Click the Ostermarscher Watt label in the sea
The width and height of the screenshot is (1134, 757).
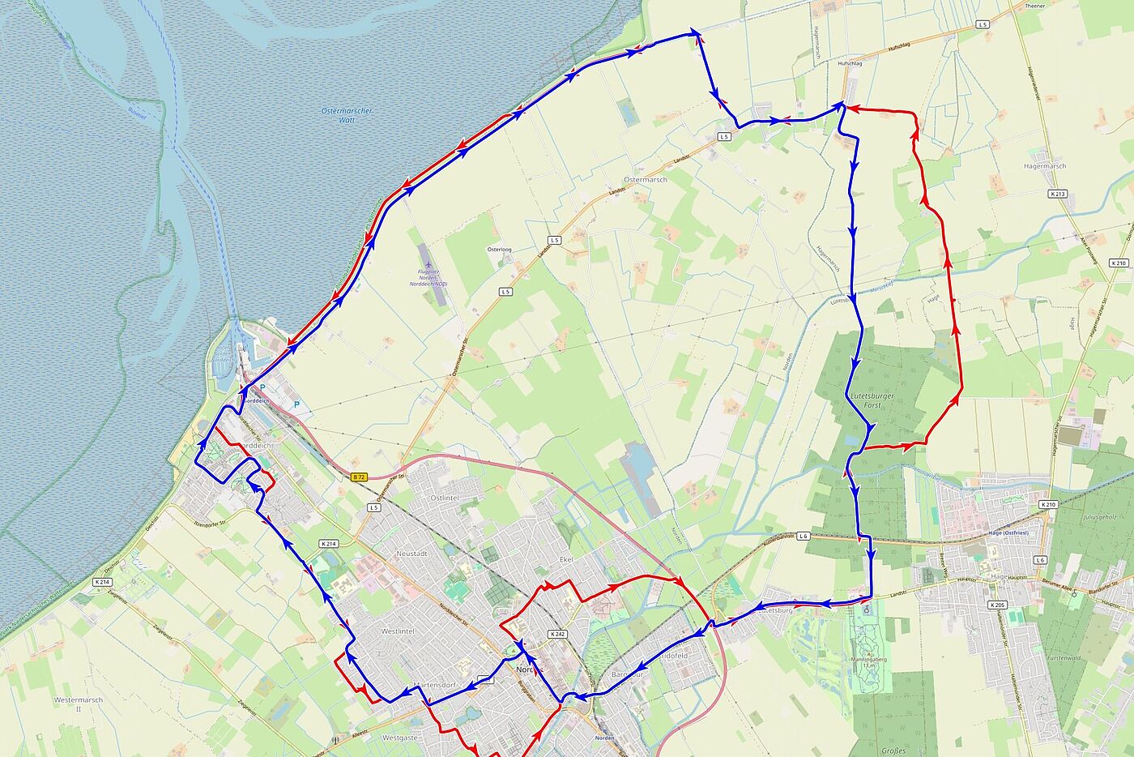347,115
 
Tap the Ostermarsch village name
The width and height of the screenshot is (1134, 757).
646,180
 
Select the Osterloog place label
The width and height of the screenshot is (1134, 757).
499,250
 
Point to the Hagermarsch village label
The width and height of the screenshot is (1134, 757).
1045,166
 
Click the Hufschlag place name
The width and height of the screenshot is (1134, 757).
850,62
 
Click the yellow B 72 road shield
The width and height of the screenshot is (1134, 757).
360,477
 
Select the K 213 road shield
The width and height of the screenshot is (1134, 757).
1057,195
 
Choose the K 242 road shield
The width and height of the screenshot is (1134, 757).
556,634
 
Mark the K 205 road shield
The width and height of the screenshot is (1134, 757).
996,605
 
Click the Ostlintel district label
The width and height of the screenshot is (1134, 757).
445,498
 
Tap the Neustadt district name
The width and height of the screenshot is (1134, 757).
411,554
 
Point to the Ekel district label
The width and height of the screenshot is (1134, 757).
566,560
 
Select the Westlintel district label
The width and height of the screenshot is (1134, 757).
398,631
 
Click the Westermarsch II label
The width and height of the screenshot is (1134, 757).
79,704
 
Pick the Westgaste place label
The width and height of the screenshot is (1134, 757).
399,738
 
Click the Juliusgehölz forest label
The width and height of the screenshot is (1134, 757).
1099,516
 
